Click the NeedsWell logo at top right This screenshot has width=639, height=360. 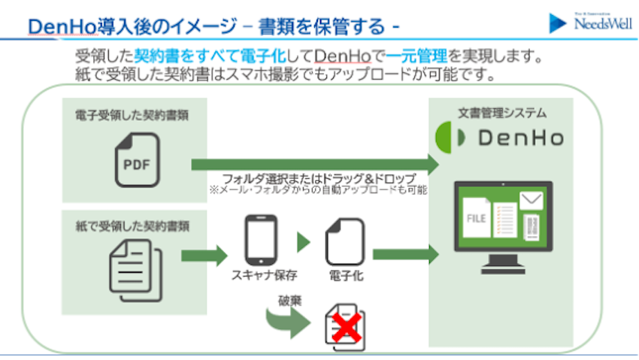(587, 23)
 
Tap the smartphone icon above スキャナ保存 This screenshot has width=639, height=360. (262, 240)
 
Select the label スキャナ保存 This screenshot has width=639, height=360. (263, 276)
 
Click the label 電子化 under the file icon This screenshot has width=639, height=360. (346, 276)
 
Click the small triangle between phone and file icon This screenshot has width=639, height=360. (303, 242)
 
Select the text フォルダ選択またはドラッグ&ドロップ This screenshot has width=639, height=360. (319, 179)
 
